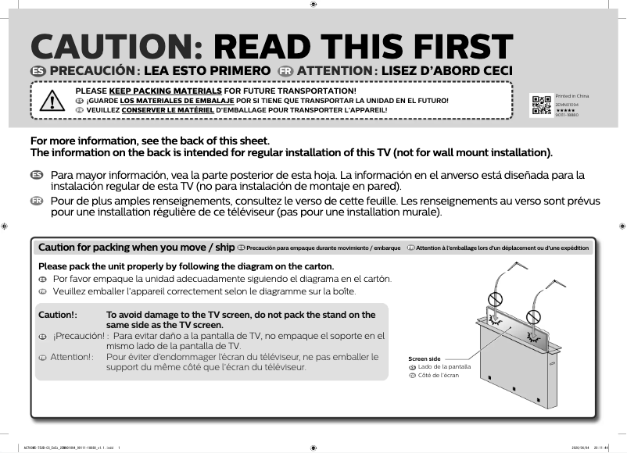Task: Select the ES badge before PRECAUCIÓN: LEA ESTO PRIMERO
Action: pyautogui.click(x=36, y=72)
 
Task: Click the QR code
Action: pyautogui.click(x=541, y=104)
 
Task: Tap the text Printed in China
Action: pyautogui.click(x=571, y=95)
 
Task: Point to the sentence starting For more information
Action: pyautogui.click(x=149, y=141)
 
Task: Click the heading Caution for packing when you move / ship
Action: pyautogui.click(x=136, y=248)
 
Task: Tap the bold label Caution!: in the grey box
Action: pyautogui.click(x=58, y=315)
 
